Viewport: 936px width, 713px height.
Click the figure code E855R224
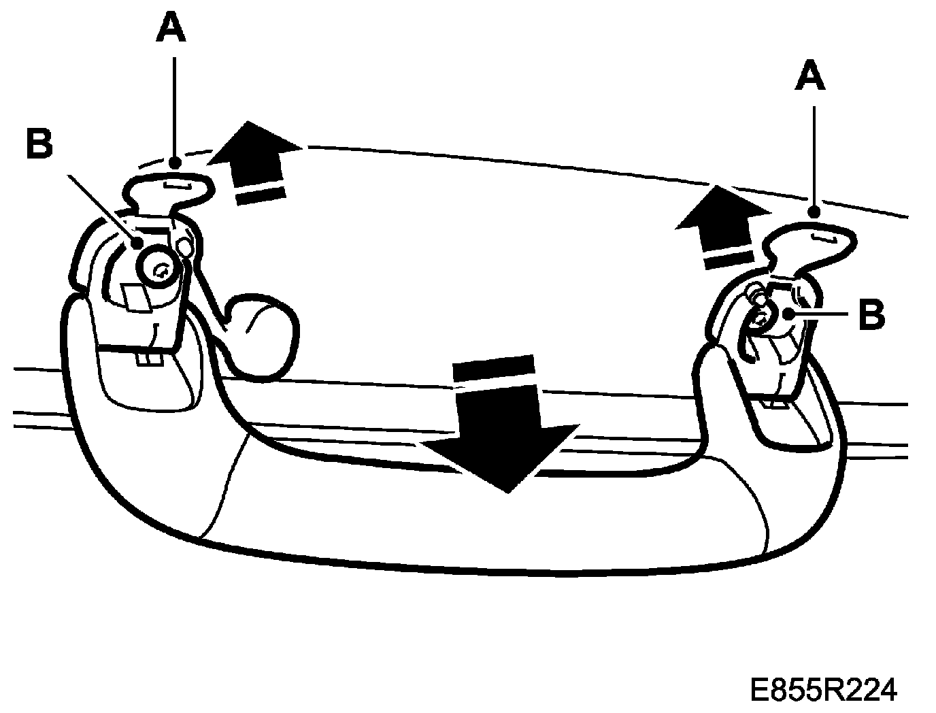pyautogui.click(x=823, y=690)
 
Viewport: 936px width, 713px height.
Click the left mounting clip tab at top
pyautogui.click(x=170, y=187)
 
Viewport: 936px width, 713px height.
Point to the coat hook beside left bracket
pyautogui.click(x=262, y=333)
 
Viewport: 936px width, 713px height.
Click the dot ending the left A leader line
pyautogui.click(x=175, y=163)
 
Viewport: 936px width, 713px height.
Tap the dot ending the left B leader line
pyautogui.click(x=139, y=242)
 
